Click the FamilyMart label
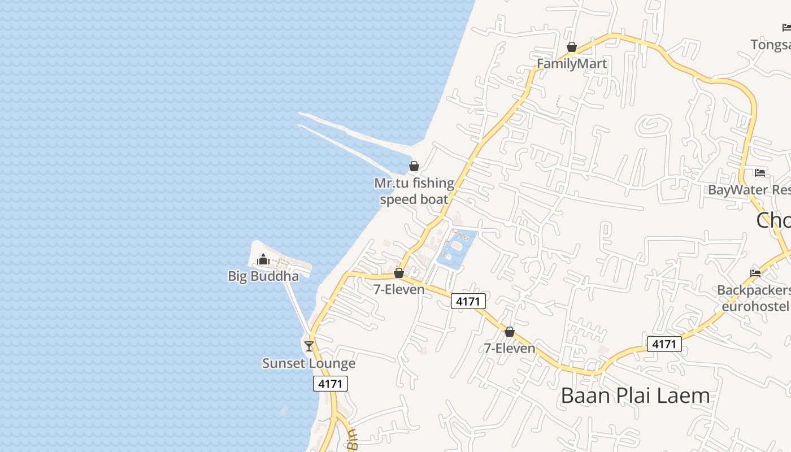[572, 63]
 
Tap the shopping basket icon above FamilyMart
[572, 47]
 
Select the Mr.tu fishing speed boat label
[414, 191]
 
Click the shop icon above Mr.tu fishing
[414, 166]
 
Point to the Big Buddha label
[263, 276]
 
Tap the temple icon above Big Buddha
[263, 260]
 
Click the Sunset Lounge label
[309, 363]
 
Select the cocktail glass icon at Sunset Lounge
[309, 346]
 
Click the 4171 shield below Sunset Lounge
[331, 384]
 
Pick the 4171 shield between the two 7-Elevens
[468, 302]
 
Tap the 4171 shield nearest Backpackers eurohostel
[664, 344]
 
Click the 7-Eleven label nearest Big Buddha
[399, 289]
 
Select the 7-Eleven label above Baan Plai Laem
[510, 348]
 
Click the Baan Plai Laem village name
[635, 395]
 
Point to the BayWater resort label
[749, 190]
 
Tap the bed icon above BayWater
[760, 173]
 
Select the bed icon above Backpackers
[755, 273]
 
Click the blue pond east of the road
[455, 249]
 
